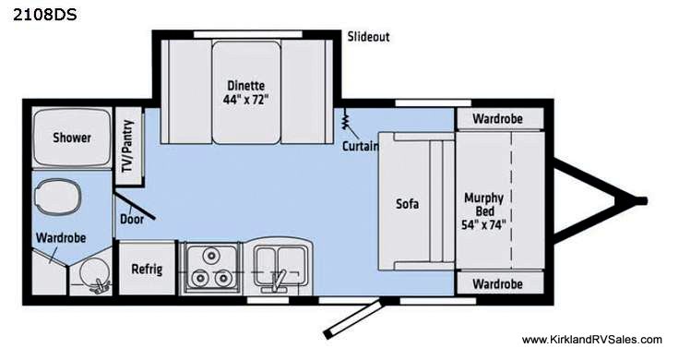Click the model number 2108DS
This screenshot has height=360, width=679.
coord(44,15)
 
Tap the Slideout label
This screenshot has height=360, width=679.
coord(368,37)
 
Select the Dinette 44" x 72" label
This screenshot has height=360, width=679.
coord(246,92)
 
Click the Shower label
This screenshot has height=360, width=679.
coord(72,138)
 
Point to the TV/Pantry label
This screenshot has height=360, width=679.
coord(127,146)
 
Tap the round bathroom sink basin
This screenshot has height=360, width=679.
coord(93,271)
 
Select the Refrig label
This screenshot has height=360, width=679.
coord(147,269)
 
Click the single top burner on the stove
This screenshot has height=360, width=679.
coord(211,255)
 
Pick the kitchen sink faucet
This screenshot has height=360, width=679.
coord(278,281)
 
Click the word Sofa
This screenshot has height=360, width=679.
coord(407,203)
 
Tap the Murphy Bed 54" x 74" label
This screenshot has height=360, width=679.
coord(484,211)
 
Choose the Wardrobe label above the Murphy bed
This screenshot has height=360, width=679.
coord(497,119)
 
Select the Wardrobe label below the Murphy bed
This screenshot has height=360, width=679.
coord(497,284)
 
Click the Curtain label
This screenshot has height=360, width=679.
coord(361,146)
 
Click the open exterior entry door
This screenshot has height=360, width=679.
coord(353,318)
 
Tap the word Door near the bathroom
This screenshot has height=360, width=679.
coord(132,219)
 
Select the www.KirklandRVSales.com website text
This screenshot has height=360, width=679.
coord(591,340)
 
